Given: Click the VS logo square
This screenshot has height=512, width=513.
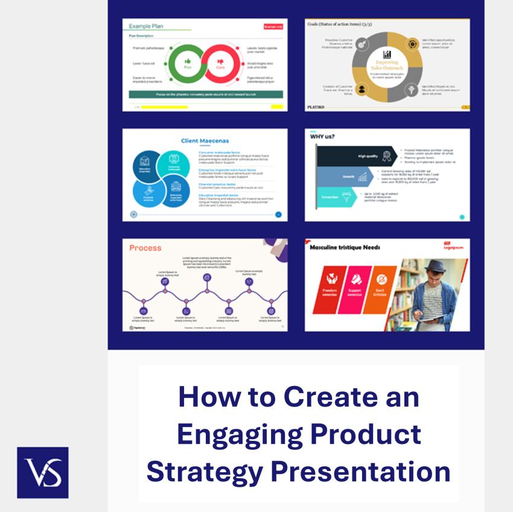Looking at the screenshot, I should tap(42, 472).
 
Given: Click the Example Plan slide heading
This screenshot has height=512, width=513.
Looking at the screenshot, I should tap(145, 27).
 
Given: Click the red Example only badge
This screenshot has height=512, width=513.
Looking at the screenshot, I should tap(273, 27).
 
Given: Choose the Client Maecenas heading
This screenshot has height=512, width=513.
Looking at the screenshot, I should tap(205, 141).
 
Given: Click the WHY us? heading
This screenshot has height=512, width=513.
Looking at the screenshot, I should tap(322, 136).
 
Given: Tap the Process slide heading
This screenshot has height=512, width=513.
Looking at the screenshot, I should tap(145, 248).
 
